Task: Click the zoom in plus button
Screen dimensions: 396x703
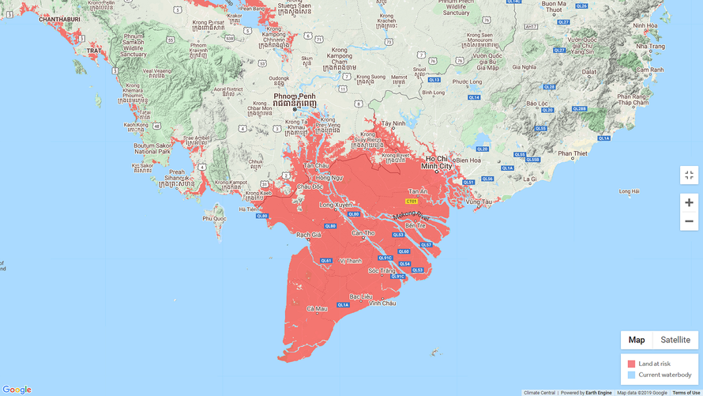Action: click(x=689, y=202)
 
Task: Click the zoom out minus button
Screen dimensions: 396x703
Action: click(x=689, y=221)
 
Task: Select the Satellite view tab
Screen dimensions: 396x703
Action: click(x=675, y=340)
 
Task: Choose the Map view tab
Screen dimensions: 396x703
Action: click(x=637, y=340)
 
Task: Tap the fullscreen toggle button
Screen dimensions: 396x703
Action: click(x=689, y=175)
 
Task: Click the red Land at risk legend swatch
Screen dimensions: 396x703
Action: click(x=631, y=364)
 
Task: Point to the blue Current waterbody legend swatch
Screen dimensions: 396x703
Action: click(x=631, y=375)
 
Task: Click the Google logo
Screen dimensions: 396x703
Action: click(x=17, y=389)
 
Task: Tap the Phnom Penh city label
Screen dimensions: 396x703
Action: click(x=295, y=98)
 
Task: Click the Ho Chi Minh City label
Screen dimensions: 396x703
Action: click(x=436, y=163)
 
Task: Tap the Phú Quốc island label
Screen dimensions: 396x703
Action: click(x=214, y=217)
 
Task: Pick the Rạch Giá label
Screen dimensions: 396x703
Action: click(x=308, y=235)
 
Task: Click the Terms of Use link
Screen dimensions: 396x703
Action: click(x=686, y=392)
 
